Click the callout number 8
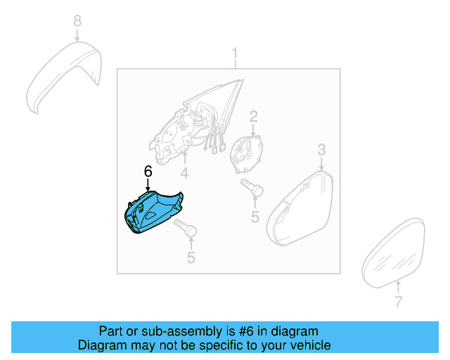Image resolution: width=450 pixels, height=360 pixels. (77, 21)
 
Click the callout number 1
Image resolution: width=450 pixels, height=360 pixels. (236, 53)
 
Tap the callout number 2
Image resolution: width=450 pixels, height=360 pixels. (254, 117)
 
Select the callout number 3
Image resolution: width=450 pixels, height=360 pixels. (321, 149)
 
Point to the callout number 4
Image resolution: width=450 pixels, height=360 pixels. (184, 172)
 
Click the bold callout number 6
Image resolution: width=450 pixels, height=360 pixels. (148, 171)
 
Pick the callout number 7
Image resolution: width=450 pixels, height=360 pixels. (398, 302)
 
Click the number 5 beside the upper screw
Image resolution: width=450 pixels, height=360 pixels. (256, 217)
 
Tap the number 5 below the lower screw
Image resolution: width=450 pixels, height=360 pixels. (191, 258)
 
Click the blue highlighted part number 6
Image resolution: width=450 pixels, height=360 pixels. (152, 213)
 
